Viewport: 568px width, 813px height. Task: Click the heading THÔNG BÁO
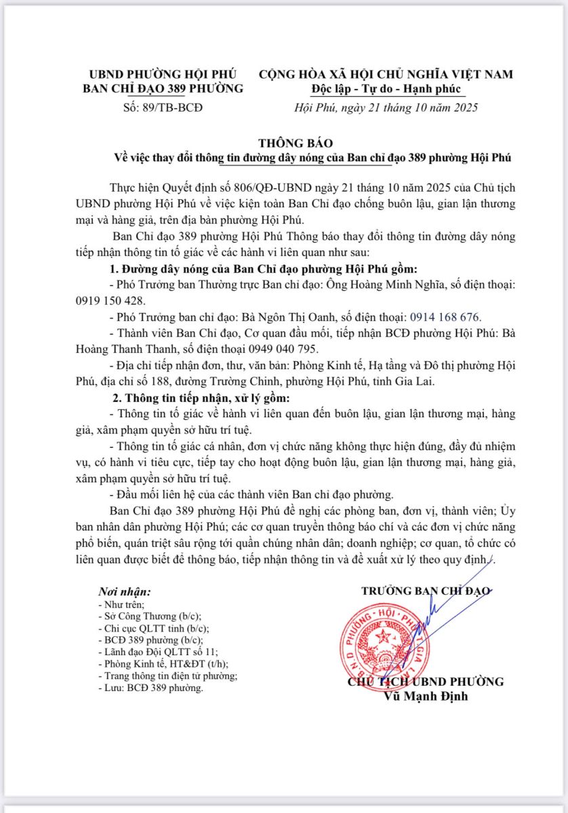pyautogui.click(x=296, y=143)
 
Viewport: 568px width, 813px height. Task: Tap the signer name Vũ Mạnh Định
pyautogui.click(x=426, y=696)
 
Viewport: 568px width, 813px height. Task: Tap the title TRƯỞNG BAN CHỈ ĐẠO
pyautogui.click(x=426, y=591)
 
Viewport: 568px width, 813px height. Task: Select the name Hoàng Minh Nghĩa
pyautogui.click(x=392, y=285)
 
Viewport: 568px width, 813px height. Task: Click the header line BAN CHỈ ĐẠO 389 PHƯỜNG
pyautogui.click(x=162, y=89)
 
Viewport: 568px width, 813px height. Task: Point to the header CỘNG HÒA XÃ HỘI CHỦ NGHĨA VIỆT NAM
pyautogui.click(x=386, y=74)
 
